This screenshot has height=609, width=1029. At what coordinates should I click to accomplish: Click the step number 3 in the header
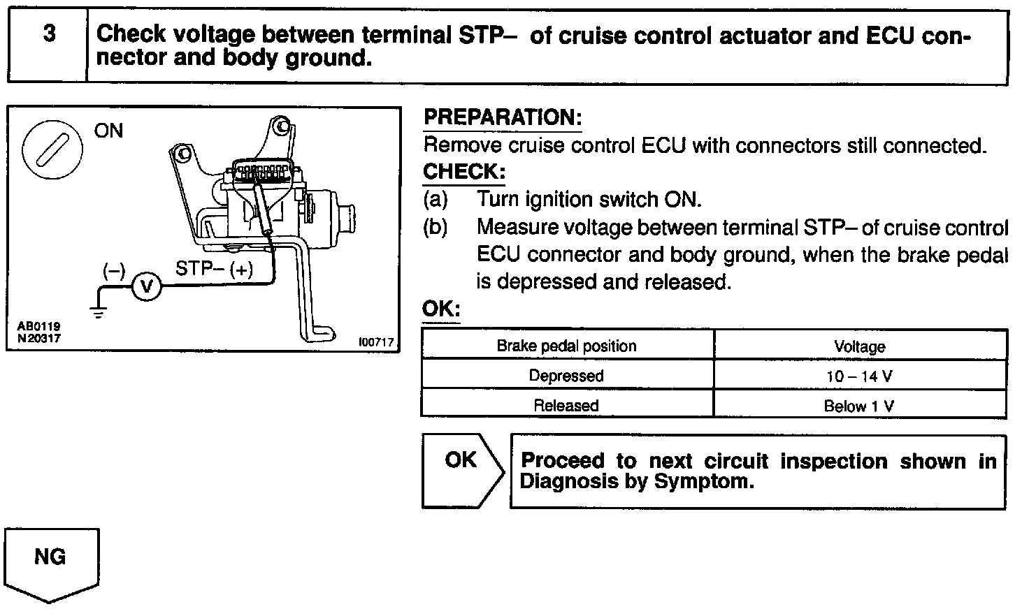(x=48, y=34)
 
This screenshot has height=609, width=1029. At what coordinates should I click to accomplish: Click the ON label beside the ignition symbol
(x=108, y=131)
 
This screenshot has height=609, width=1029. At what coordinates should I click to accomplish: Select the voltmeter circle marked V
(x=146, y=286)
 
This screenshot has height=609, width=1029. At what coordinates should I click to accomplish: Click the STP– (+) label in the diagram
(x=214, y=269)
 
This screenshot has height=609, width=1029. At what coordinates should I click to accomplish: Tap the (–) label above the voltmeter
(x=114, y=270)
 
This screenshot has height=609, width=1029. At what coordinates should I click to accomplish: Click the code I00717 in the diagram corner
(x=376, y=342)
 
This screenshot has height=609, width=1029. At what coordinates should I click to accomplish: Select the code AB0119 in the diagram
(x=39, y=325)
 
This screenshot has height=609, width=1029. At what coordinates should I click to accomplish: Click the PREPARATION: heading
(x=503, y=118)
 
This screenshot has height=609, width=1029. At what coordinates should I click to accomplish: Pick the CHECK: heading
(x=464, y=172)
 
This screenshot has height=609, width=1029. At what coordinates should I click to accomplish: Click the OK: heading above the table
(x=441, y=309)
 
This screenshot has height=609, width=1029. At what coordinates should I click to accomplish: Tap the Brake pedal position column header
(x=566, y=346)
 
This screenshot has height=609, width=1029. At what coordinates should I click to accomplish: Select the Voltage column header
(x=860, y=346)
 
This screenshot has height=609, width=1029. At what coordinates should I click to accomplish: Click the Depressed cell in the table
(x=566, y=376)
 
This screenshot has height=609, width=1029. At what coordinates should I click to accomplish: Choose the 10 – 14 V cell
(x=859, y=376)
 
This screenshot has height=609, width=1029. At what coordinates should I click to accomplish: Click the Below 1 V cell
(x=859, y=406)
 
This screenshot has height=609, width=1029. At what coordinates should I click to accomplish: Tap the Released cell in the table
(x=566, y=406)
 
